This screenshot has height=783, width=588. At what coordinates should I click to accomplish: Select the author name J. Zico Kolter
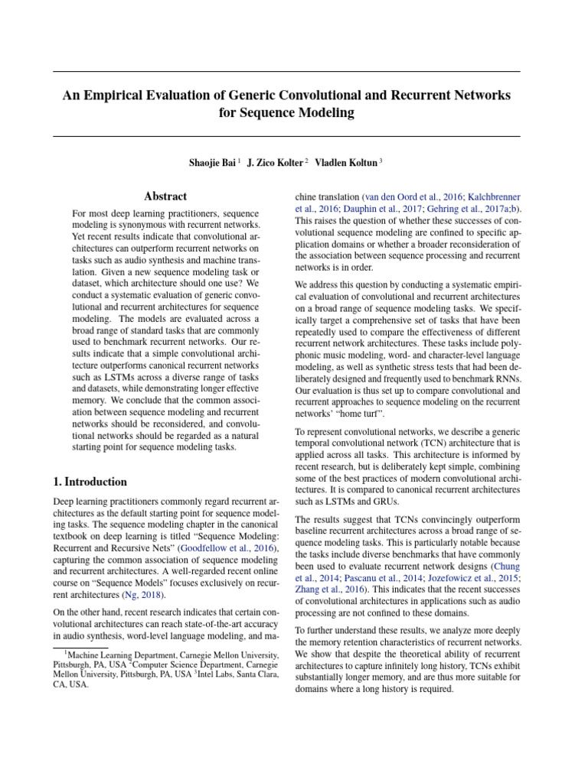[275, 162]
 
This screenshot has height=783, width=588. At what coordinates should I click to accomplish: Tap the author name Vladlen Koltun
[345, 162]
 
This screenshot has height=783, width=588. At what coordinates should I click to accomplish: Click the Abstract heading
[165, 197]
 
